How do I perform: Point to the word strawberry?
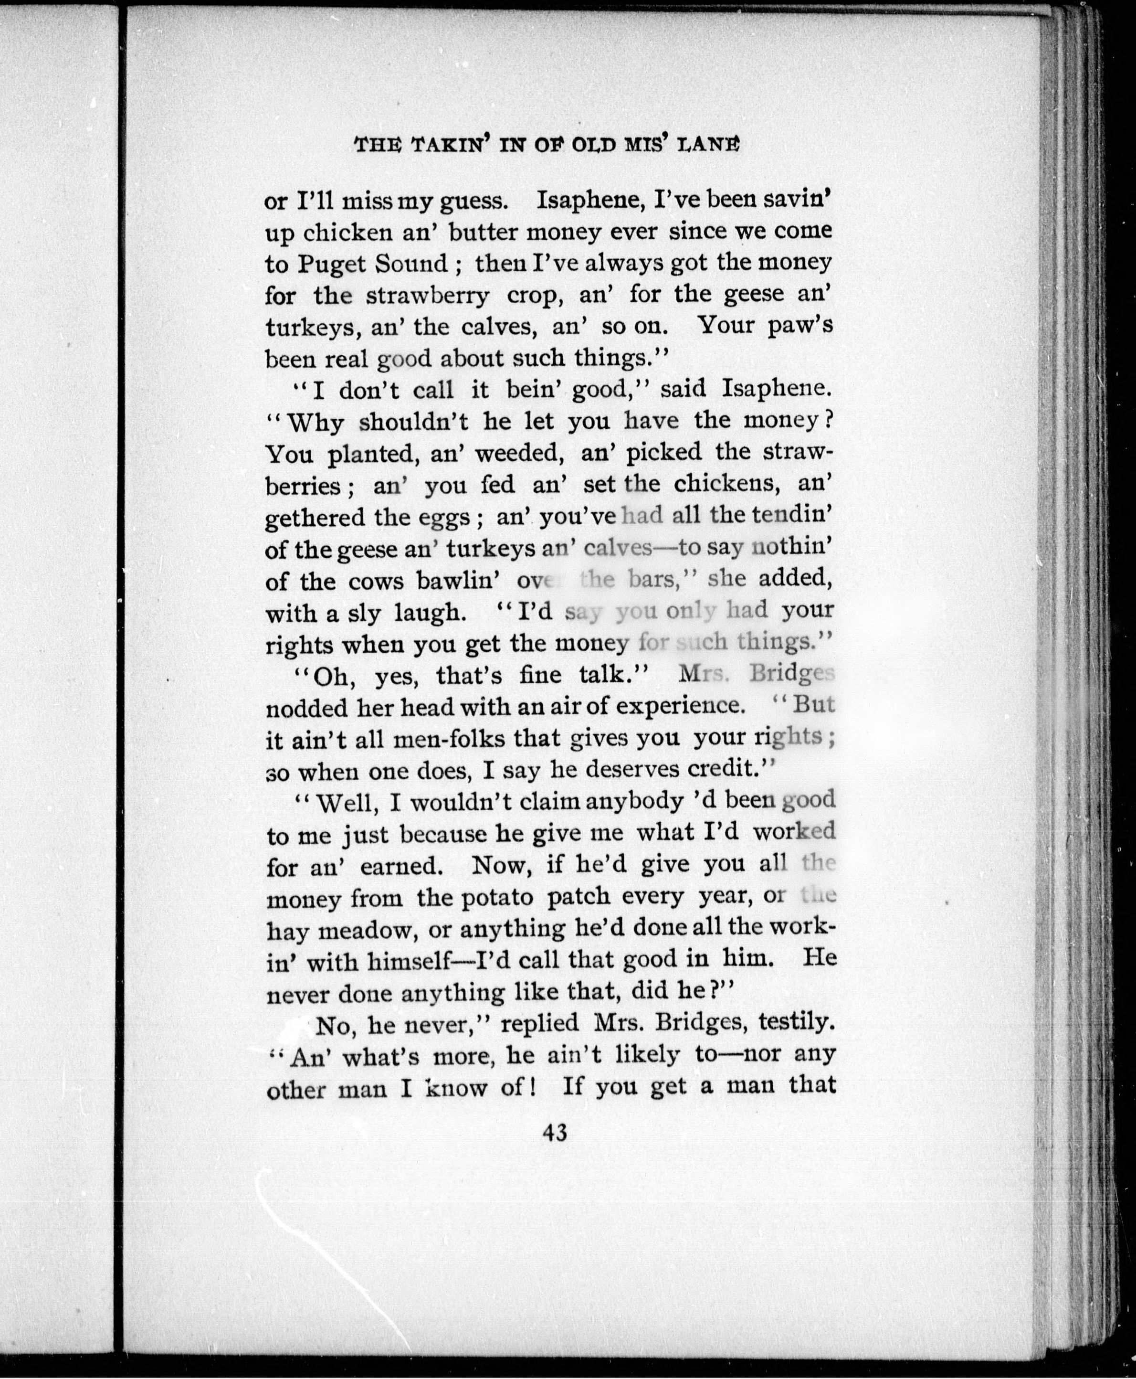[x=427, y=297]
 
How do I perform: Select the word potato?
[x=497, y=897]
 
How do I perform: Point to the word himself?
[x=408, y=962]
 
